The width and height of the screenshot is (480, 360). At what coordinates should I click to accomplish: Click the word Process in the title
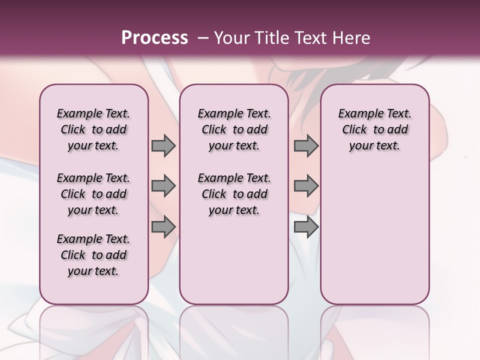click(154, 37)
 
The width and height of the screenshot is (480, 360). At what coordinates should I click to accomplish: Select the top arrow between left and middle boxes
click(163, 145)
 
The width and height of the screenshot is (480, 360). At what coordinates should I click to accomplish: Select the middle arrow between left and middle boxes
click(163, 186)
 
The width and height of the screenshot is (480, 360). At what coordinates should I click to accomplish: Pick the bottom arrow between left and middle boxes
click(163, 227)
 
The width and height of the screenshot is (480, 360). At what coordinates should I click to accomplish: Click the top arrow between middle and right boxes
click(306, 145)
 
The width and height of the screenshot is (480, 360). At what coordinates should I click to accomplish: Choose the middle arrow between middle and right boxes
click(306, 186)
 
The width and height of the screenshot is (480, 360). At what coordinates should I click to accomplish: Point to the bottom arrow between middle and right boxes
click(306, 227)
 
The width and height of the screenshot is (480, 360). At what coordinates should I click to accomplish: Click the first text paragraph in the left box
click(93, 129)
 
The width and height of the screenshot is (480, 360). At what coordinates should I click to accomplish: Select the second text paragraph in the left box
click(93, 194)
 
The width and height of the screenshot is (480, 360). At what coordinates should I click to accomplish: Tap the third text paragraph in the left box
click(93, 255)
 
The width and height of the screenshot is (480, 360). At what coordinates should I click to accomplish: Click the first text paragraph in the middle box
click(234, 129)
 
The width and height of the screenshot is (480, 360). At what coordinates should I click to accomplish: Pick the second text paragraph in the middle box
click(234, 194)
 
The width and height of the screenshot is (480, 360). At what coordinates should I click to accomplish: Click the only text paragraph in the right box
click(374, 129)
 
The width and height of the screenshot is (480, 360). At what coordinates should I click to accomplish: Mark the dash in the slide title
click(203, 38)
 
